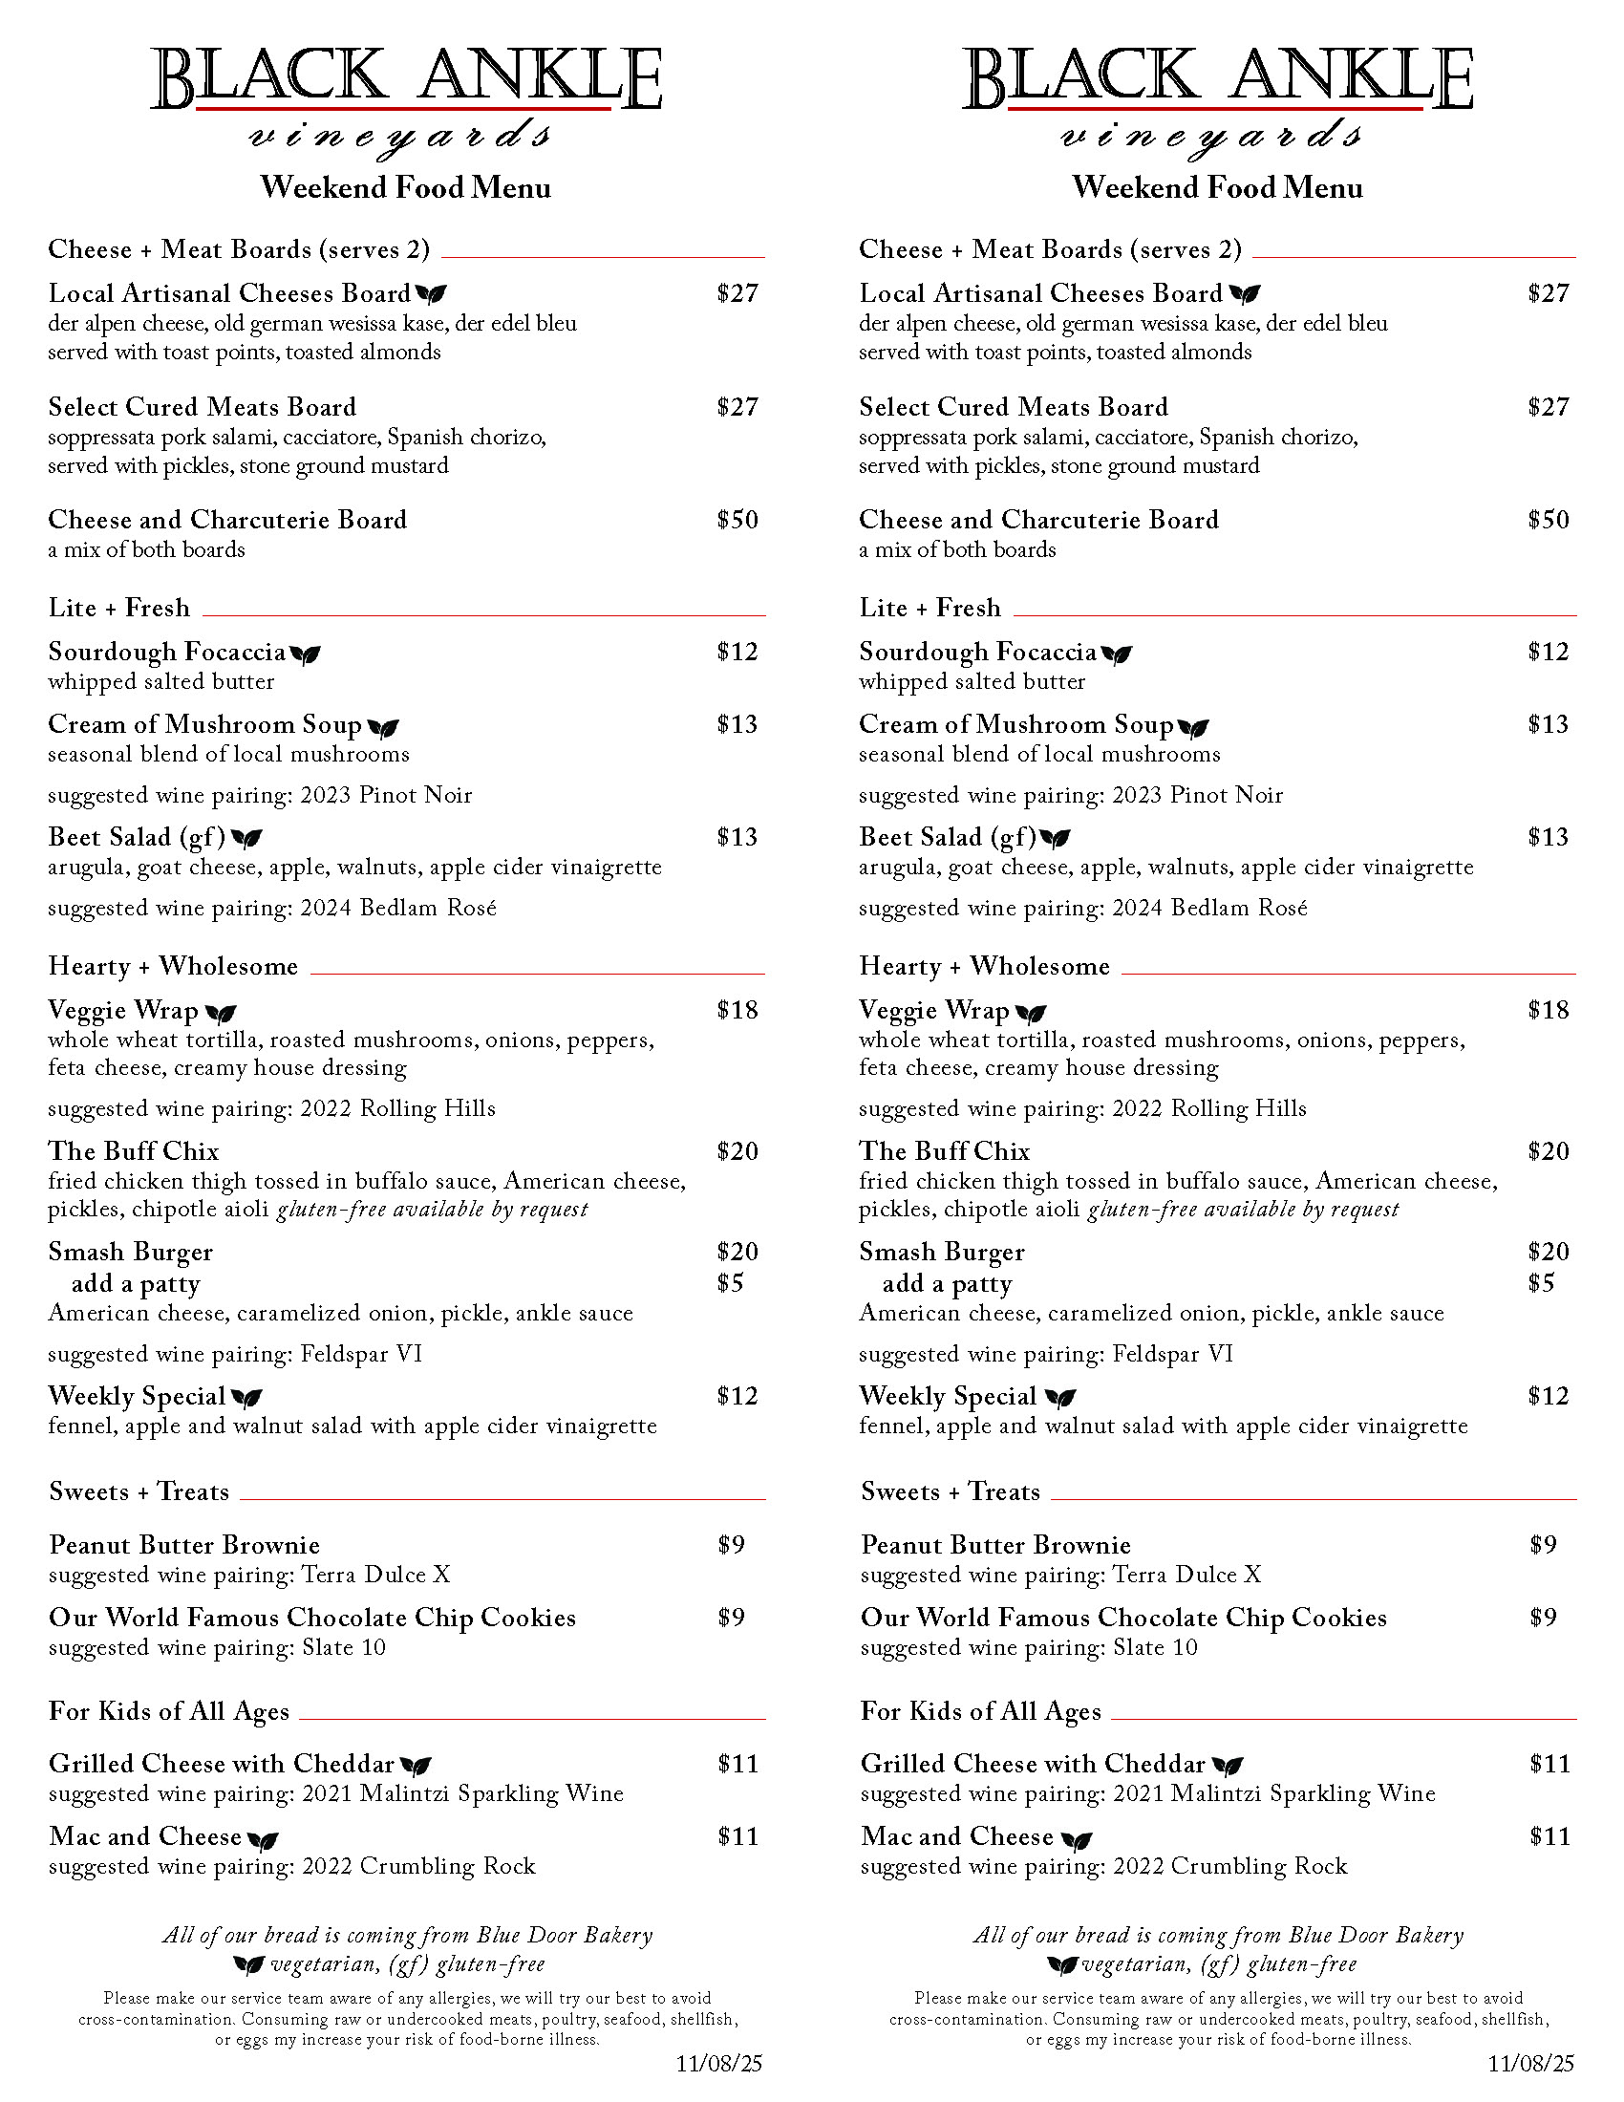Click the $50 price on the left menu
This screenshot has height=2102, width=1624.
737,520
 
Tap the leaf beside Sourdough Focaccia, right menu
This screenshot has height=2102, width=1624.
1116,654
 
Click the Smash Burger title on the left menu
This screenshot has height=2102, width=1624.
131,1252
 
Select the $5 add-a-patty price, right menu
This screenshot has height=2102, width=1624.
1540,1283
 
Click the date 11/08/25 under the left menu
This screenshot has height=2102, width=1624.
718,2063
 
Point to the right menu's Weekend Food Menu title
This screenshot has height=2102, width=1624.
1217,186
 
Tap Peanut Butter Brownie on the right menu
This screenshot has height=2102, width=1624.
995,1545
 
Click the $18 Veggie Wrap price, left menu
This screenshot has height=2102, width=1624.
737,1010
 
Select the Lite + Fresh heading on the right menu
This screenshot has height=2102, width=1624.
930,609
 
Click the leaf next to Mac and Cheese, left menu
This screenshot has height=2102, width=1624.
263,1839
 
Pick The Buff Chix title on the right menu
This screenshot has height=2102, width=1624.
944,1151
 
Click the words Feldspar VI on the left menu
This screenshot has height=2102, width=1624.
362,1354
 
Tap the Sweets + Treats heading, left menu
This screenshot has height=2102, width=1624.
139,1491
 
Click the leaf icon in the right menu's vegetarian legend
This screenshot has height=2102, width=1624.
1062,1964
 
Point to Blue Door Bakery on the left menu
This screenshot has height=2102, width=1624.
565,1935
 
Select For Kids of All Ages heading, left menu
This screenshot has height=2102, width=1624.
168,1711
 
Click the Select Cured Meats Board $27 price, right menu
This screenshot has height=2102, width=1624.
1548,407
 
